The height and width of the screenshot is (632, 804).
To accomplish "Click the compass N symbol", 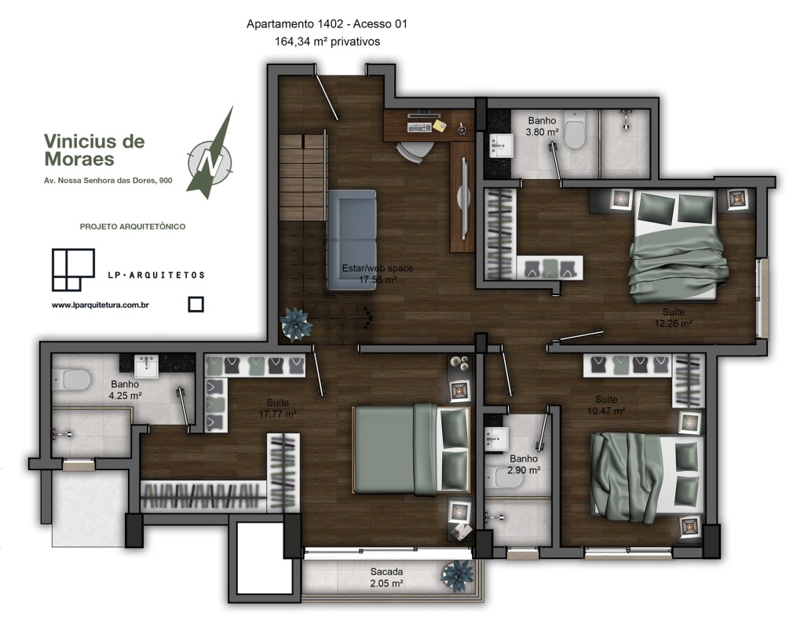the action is (x=210, y=163).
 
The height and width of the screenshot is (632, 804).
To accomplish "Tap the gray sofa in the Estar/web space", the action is (x=352, y=240).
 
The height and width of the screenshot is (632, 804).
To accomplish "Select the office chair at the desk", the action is (x=415, y=152).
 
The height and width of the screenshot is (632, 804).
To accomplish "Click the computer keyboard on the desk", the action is (x=419, y=126).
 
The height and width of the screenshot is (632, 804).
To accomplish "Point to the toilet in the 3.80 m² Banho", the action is (x=574, y=130).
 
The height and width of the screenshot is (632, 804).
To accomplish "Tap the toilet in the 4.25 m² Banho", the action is (x=72, y=380).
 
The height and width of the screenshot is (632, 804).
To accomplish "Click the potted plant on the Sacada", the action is (x=457, y=575).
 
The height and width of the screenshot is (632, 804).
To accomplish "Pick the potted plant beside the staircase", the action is (x=295, y=324).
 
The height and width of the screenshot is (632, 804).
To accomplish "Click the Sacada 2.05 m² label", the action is (x=386, y=577).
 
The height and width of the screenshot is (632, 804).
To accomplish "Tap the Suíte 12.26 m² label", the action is (x=673, y=318).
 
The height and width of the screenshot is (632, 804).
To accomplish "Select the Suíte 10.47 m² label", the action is (x=606, y=405).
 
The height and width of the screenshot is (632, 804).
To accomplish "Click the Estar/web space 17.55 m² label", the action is (x=378, y=274).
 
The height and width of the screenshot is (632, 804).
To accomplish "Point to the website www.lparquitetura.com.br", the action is (x=100, y=305).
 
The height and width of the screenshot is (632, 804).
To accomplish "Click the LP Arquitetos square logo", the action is (x=73, y=269).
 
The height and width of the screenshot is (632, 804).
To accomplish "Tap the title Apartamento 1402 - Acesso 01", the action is (x=327, y=24).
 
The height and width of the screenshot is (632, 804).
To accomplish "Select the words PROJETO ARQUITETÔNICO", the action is (x=132, y=227).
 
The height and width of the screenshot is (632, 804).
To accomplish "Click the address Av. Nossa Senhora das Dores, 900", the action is (x=108, y=181).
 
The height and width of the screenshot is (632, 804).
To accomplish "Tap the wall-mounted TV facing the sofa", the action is (x=463, y=198).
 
